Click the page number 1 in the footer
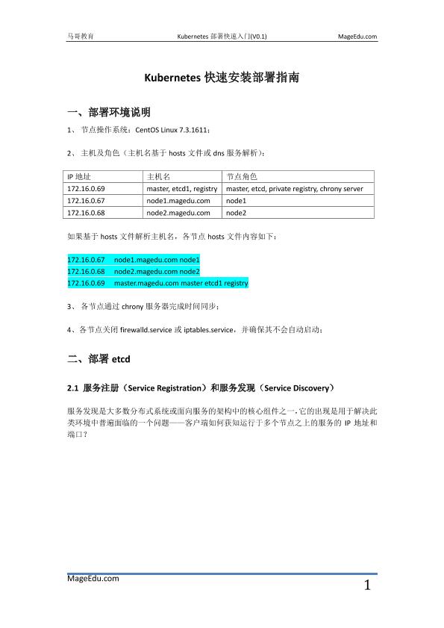click(367, 585)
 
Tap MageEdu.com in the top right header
click(357, 36)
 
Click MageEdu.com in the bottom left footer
click(93, 578)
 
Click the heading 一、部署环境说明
click(109, 113)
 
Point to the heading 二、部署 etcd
click(99, 359)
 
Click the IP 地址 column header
click(79, 177)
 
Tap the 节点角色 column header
click(241, 177)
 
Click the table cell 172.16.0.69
click(86, 189)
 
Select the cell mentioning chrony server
click(294, 189)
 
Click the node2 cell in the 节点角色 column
click(236, 213)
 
